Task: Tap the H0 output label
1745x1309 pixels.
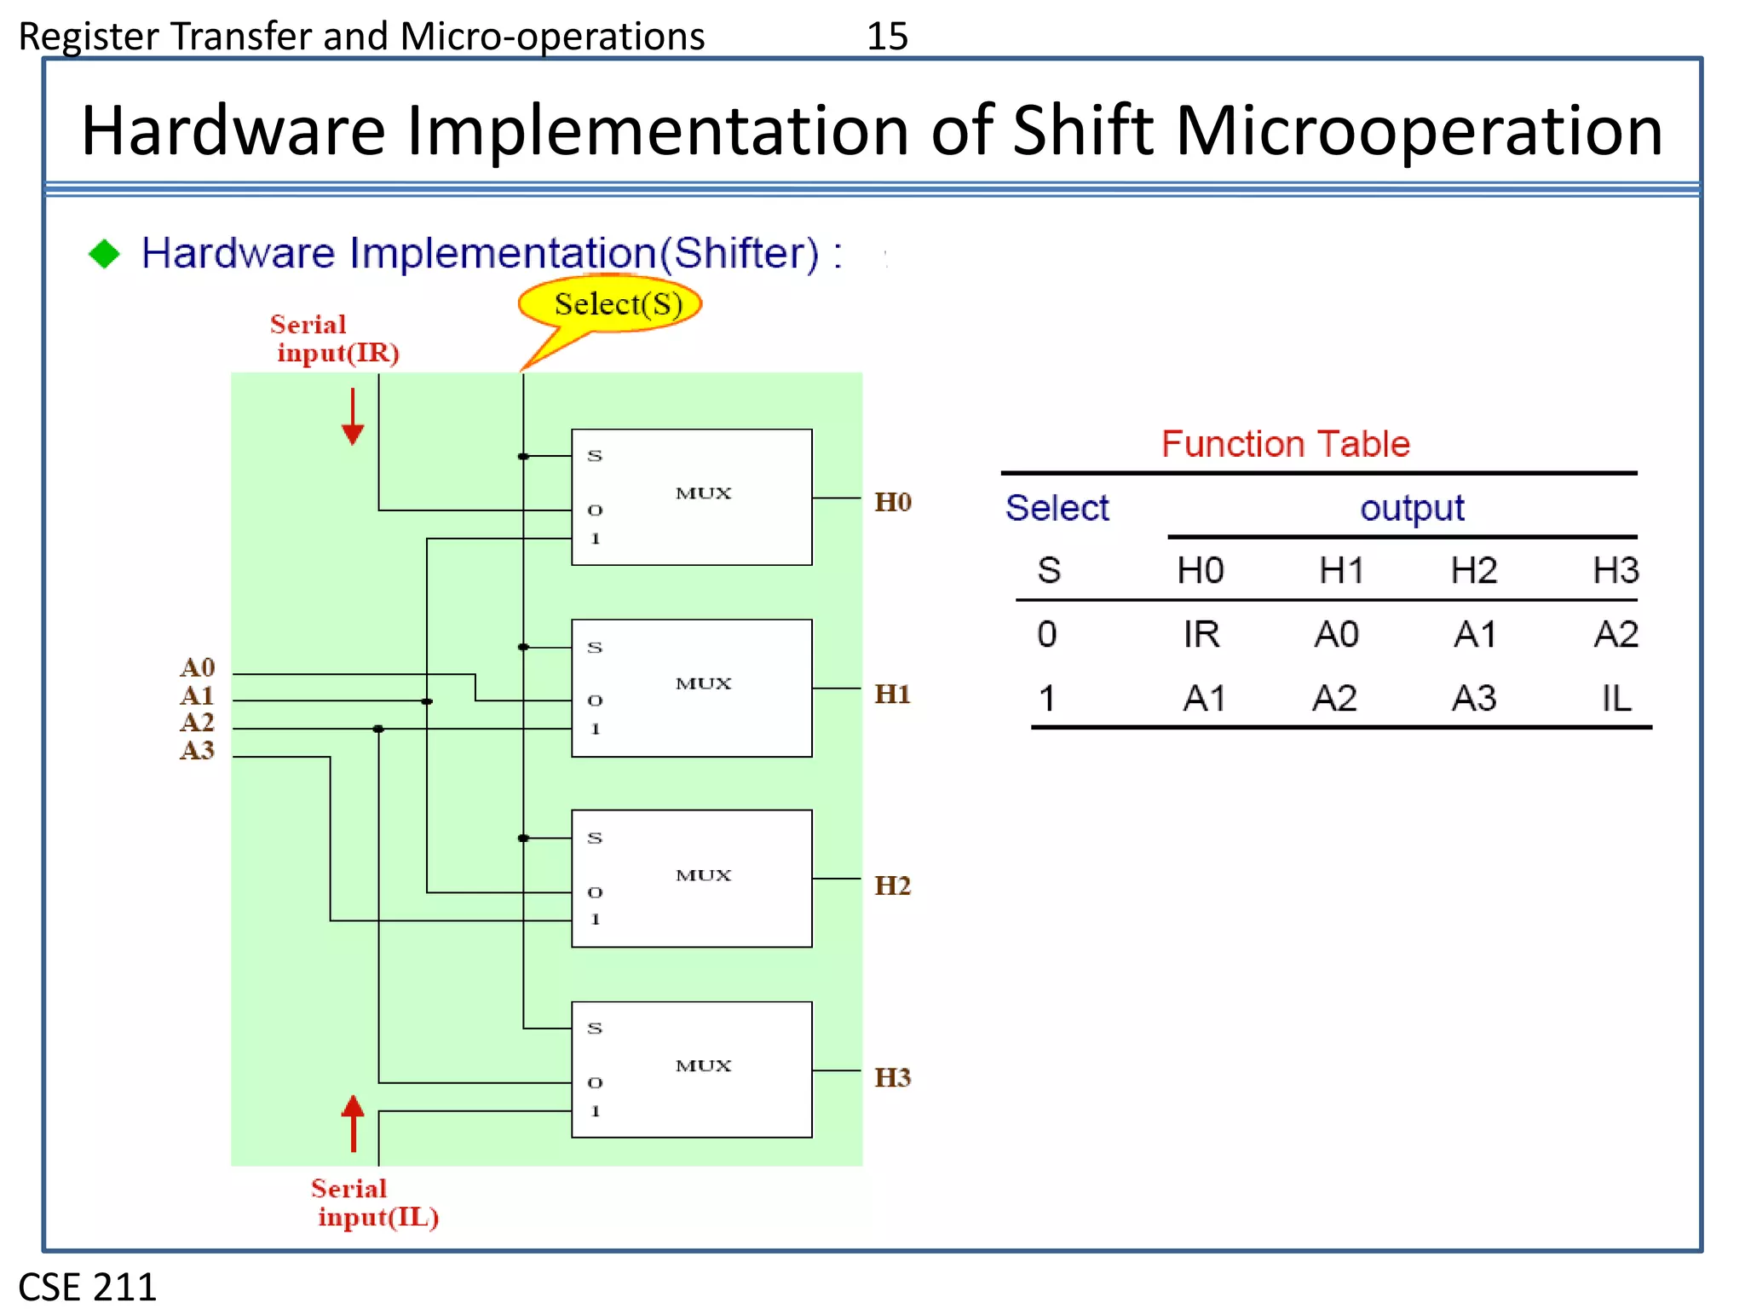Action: pyautogui.click(x=892, y=502)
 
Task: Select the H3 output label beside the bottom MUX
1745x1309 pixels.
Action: pyautogui.click(x=892, y=1077)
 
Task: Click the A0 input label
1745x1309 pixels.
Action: pyautogui.click(x=198, y=667)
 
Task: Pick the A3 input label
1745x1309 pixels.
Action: pyautogui.click(x=198, y=751)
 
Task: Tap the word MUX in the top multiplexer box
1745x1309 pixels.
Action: pyautogui.click(x=703, y=493)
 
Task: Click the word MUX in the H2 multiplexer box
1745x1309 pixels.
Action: pyautogui.click(x=703, y=875)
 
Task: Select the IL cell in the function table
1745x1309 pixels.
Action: pyautogui.click(x=1615, y=699)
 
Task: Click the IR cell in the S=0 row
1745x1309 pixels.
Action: pyautogui.click(x=1201, y=635)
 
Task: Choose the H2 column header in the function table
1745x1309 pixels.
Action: pyautogui.click(x=1474, y=570)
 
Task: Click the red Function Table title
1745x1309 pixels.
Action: pyautogui.click(x=1285, y=444)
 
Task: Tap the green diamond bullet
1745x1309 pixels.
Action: pyautogui.click(x=104, y=253)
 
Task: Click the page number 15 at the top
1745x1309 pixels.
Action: pyautogui.click(x=887, y=36)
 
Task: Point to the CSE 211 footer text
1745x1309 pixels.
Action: pyautogui.click(x=88, y=1286)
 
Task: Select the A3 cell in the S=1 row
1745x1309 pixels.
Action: pyautogui.click(x=1474, y=699)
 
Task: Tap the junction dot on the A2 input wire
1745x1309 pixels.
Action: pyautogui.click(x=378, y=729)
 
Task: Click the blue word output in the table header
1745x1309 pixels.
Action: pyautogui.click(x=1411, y=509)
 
